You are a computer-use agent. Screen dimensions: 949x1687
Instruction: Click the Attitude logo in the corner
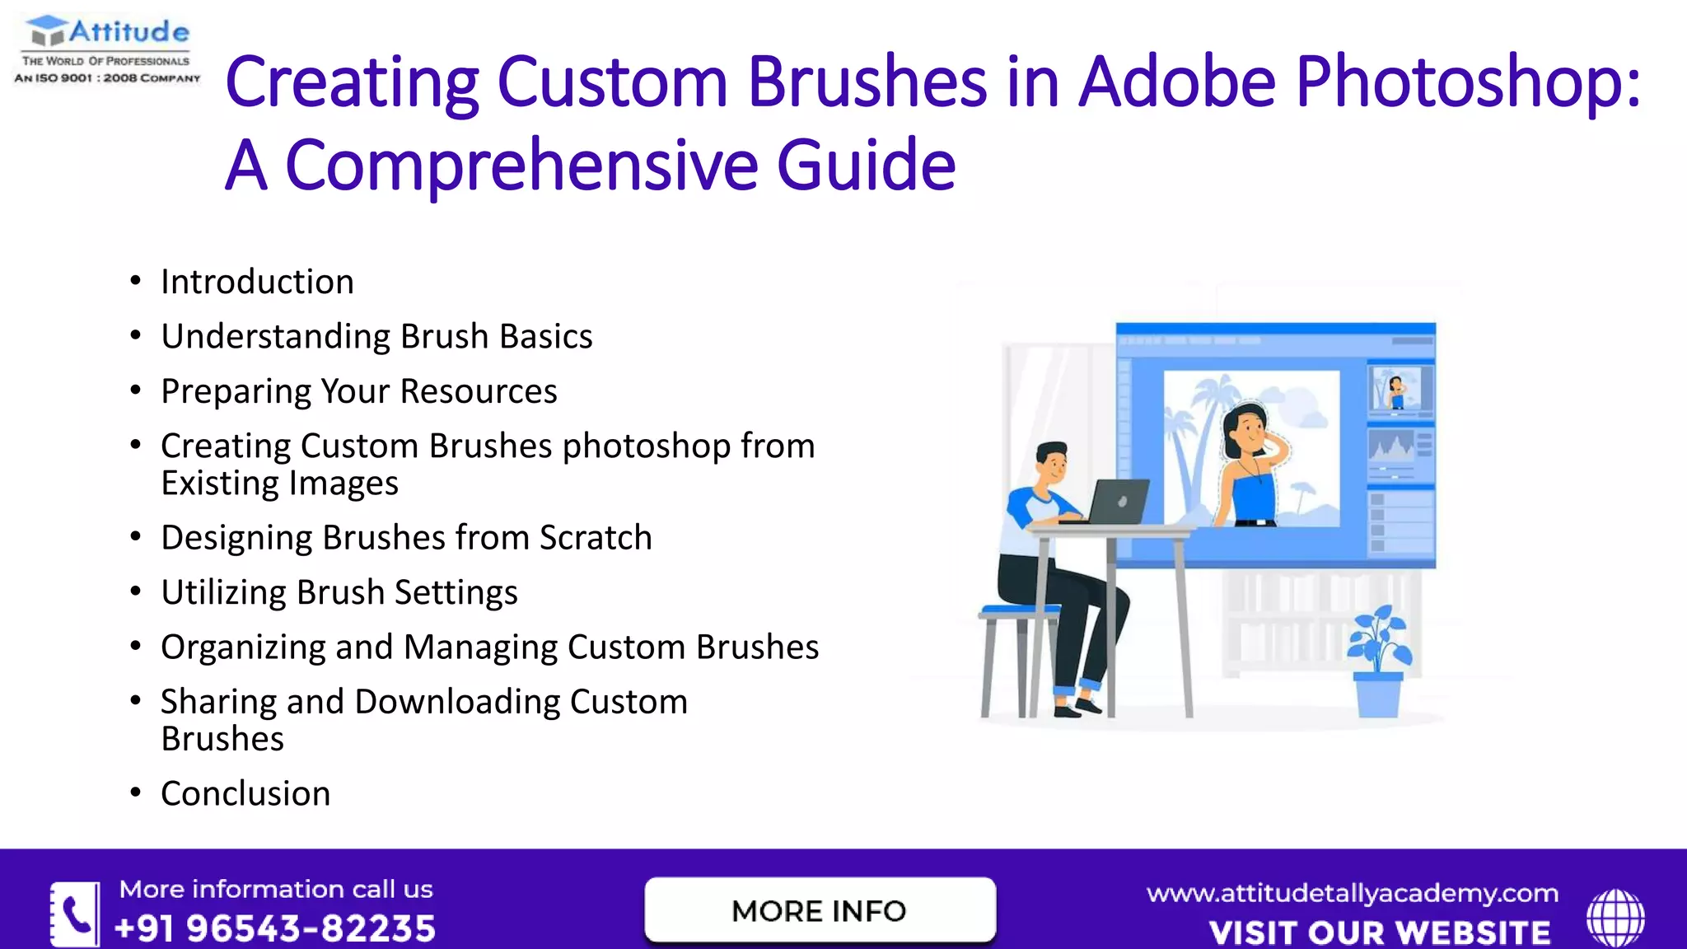[x=107, y=49]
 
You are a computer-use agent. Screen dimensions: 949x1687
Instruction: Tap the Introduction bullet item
[x=257, y=282]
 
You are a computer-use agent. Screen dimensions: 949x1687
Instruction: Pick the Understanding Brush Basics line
[x=376, y=337]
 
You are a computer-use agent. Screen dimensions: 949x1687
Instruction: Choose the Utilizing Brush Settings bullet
[x=339, y=592]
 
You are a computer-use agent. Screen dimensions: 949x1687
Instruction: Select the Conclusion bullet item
[x=245, y=794]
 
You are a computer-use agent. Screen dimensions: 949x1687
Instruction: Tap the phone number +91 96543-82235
[x=275, y=928]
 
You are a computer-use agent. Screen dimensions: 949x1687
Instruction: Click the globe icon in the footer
[x=1615, y=917]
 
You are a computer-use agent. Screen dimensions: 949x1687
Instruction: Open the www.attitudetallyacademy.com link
[x=1352, y=894]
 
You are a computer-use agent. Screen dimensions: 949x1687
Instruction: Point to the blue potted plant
[x=1379, y=659]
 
